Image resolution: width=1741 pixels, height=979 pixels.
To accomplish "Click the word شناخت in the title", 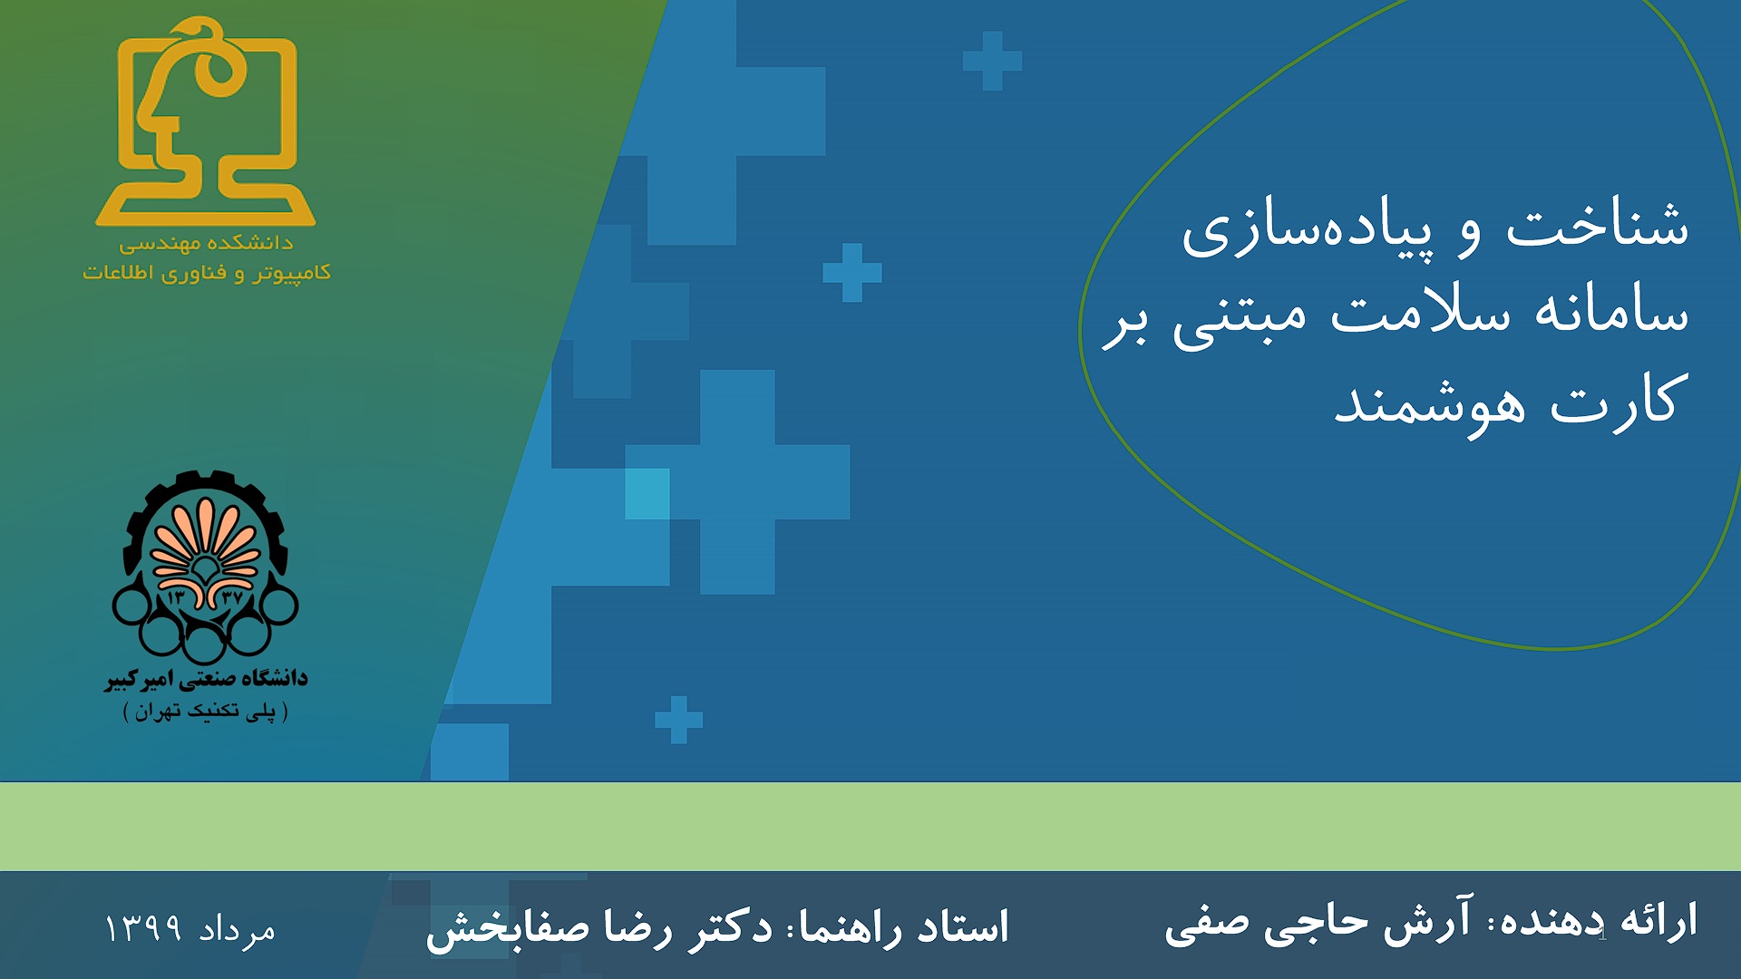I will (1598, 227).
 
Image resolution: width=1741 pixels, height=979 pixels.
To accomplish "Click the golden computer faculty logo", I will (207, 122).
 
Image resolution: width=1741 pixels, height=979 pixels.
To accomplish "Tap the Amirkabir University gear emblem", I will (206, 567).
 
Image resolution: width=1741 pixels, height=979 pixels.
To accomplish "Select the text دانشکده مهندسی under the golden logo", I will (207, 243).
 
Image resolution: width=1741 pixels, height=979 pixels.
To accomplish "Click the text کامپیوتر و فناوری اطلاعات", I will (207, 273).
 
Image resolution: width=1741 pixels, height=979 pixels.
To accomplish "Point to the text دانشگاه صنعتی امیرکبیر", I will (207, 679).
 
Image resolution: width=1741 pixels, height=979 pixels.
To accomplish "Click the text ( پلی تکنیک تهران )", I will (206, 712).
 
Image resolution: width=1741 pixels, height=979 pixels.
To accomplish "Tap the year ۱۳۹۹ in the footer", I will (143, 929).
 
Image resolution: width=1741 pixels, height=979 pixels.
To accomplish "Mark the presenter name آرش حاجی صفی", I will (1319, 922).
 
